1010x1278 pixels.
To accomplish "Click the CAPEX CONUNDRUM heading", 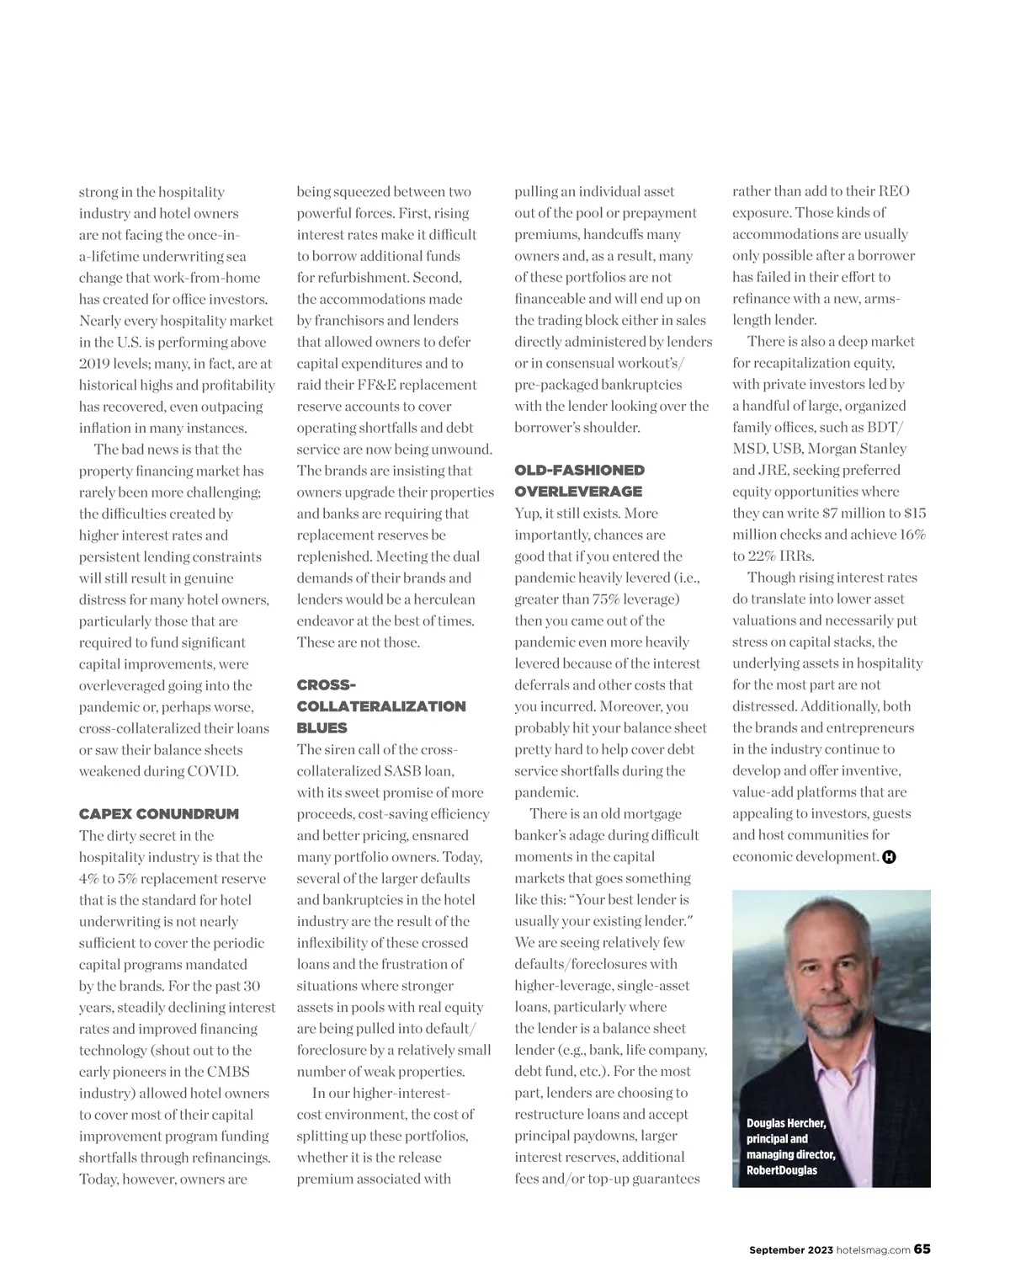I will point(158,814).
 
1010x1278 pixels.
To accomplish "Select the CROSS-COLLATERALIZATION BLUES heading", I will point(380,706).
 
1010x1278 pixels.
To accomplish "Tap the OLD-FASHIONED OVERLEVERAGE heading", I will point(579,481).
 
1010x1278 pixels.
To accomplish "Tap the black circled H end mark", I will point(889,858).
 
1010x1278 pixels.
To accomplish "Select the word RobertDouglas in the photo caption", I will point(781,1170).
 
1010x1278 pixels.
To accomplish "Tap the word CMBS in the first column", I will point(227,1072).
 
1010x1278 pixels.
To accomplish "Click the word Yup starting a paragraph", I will point(529,514).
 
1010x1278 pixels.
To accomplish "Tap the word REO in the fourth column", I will point(893,192).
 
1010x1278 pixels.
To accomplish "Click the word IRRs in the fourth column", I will point(795,556).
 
